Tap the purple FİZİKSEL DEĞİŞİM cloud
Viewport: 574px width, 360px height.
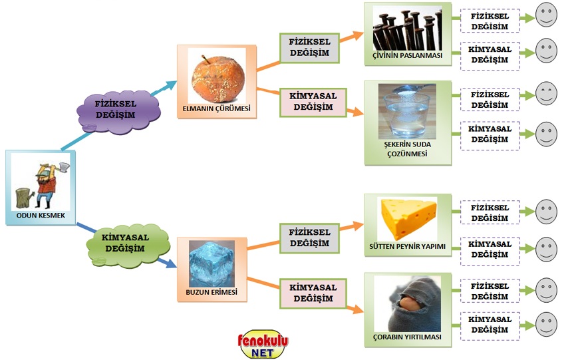pos(120,109)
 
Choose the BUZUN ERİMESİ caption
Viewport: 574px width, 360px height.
pos(211,291)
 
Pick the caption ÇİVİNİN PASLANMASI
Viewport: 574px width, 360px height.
pos(408,55)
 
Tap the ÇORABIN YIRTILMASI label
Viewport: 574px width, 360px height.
pos(407,337)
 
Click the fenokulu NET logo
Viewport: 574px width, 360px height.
pos(263,345)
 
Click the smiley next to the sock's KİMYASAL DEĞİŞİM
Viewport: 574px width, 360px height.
pos(546,324)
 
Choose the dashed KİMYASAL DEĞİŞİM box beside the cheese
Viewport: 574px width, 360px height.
pos(490,248)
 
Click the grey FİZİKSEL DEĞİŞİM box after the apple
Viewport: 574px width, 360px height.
pos(310,49)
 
